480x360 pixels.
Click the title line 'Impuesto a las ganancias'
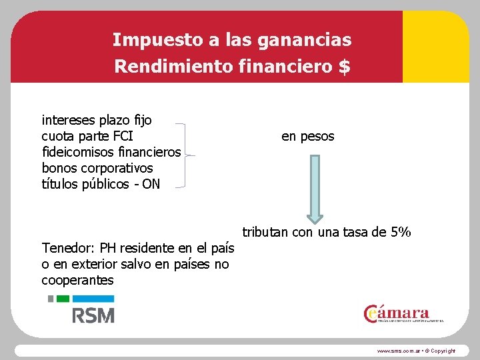[231, 40]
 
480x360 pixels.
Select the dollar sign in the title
[344, 67]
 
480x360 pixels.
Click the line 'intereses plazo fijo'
[97, 121]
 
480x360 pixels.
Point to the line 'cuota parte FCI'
[87, 137]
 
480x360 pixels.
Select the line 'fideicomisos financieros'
[111, 153]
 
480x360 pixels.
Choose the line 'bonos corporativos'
[97, 168]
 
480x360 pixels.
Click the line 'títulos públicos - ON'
[101, 184]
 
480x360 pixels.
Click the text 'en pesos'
[308, 137]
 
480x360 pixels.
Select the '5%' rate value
[401, 233]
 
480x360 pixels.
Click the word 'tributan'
[265, 233]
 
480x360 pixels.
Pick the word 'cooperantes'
[77, 281]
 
